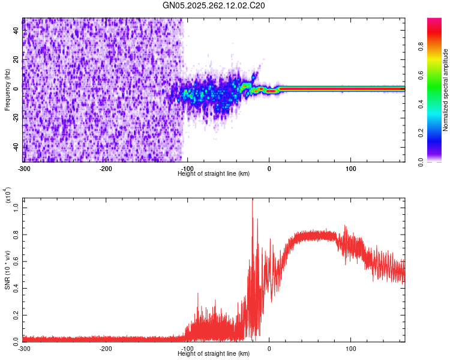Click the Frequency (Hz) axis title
[x=7, y=90]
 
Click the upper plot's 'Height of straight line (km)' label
[x=214, y=173]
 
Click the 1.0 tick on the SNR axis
[x=17, y=208]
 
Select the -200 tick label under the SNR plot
[x=106, y=348]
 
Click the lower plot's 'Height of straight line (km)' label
[x=214, y=354]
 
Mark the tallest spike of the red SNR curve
[x=252, y=199]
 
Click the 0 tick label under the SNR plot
[x=269, y=348]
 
